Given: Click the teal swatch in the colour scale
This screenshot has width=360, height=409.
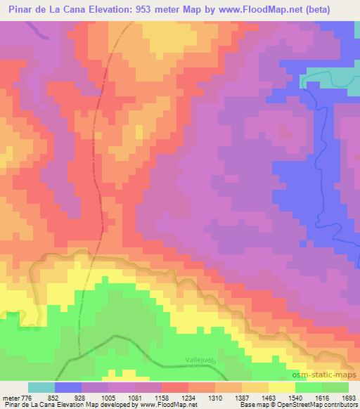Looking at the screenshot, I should pos(41,388).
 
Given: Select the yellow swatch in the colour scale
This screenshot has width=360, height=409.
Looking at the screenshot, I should pos(281,388).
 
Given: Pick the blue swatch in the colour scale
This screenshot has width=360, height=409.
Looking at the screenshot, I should pos(68,388).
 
